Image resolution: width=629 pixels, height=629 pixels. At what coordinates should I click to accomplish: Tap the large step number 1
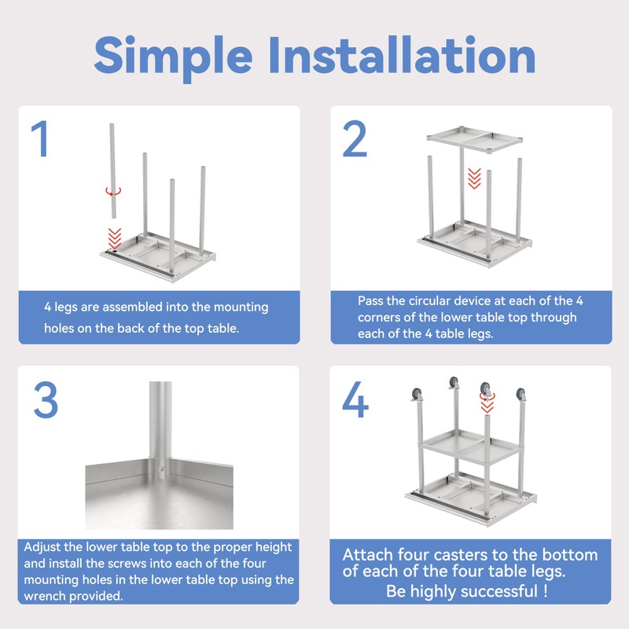tap(40, 139)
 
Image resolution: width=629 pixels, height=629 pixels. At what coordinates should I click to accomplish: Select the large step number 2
tap(355, 139)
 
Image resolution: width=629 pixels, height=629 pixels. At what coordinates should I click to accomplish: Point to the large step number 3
tap(46, 399)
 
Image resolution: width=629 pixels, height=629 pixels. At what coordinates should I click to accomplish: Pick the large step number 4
tap(355, 399)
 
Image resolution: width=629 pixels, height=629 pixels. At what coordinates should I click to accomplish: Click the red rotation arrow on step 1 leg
tap(113, 191)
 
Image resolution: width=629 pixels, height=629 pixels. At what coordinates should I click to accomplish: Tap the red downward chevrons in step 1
tap(115, 238)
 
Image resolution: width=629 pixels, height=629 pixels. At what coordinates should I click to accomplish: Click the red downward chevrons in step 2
tap(475, 178)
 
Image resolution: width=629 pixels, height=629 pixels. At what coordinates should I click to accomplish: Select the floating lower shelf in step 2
tap(475, 139)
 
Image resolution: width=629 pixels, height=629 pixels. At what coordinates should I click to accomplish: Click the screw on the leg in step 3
tap(161, 469)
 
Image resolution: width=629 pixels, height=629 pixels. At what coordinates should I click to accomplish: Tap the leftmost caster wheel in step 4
tap(417, 394)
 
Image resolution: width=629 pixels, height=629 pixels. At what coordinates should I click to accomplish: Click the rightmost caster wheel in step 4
tap(520, 395)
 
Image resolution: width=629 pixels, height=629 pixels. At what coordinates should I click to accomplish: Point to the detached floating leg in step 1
tap(112, 171)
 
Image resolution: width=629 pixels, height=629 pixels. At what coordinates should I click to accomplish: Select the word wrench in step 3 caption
tap(42, 596)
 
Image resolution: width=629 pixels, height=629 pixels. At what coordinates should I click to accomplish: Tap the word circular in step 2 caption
tap(430, 301)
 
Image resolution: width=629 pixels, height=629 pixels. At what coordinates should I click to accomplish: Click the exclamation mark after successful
tap(545, 591)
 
